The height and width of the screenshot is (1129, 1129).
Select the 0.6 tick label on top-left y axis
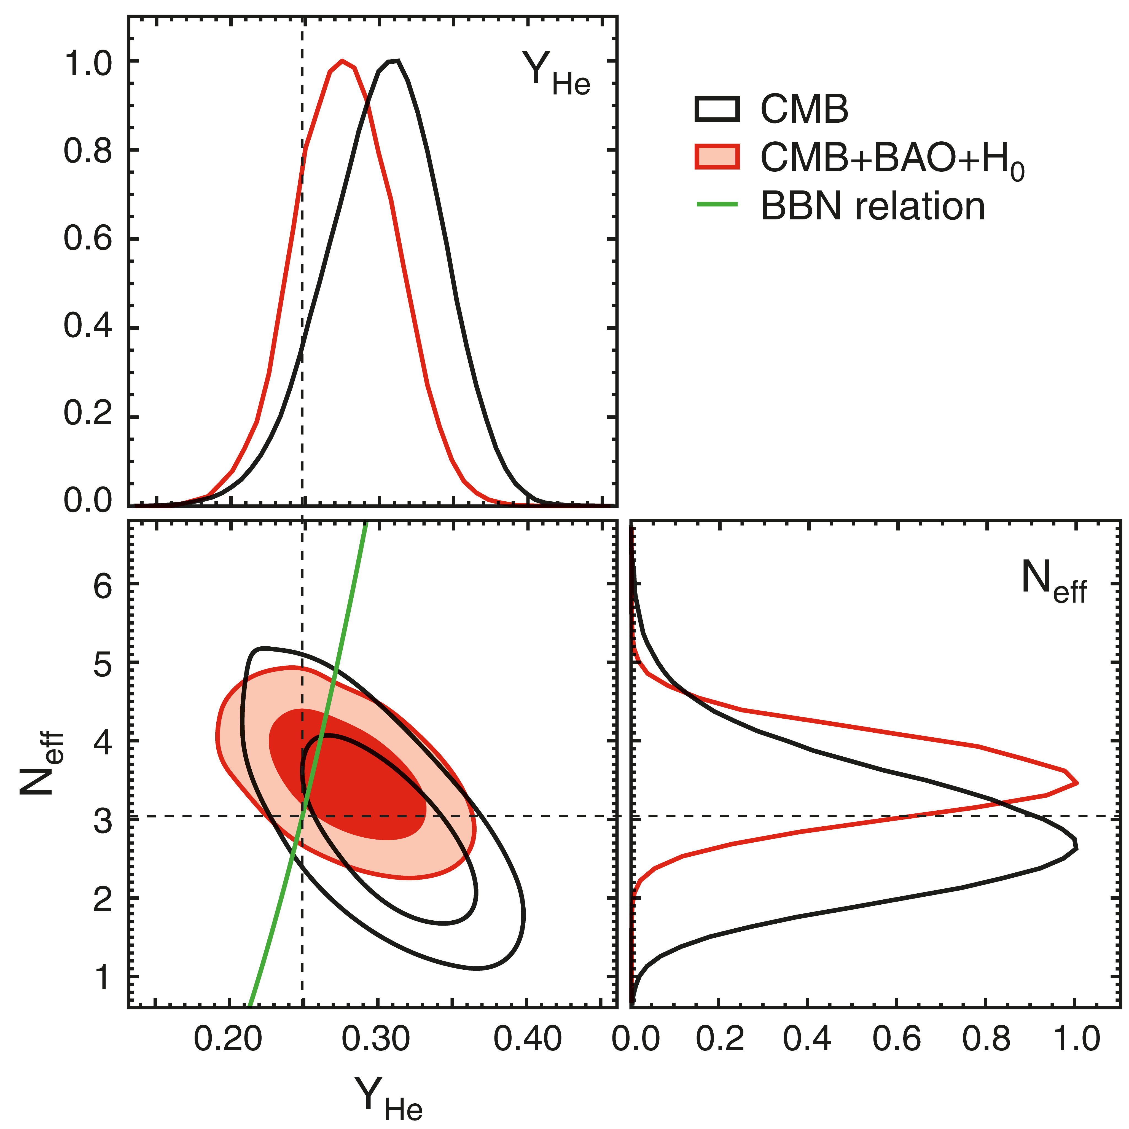click(x=88, y=240)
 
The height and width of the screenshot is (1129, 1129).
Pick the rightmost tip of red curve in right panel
click(x=1077, y=783)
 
